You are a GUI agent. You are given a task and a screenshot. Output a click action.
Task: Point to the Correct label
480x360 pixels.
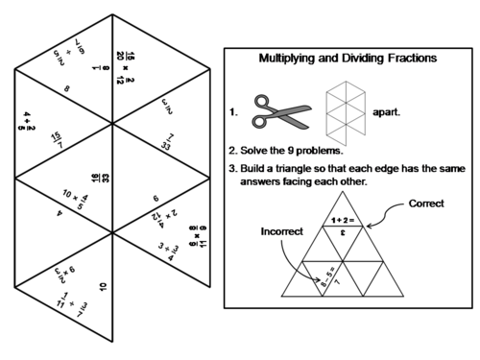pyautogui.click(x=426, y=204)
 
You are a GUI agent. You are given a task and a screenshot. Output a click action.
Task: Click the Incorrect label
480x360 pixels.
pyautogui.click(x=279, y=232)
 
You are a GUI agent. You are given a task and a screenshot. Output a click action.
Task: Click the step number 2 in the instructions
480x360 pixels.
pyautogui.click(x=233, y=151)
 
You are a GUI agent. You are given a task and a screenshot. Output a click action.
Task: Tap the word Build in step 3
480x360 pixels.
pyautogui.click(x=257, y=171)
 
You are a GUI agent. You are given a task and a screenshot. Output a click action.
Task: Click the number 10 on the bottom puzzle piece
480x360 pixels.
pyautogui.click(x=102, y=287)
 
